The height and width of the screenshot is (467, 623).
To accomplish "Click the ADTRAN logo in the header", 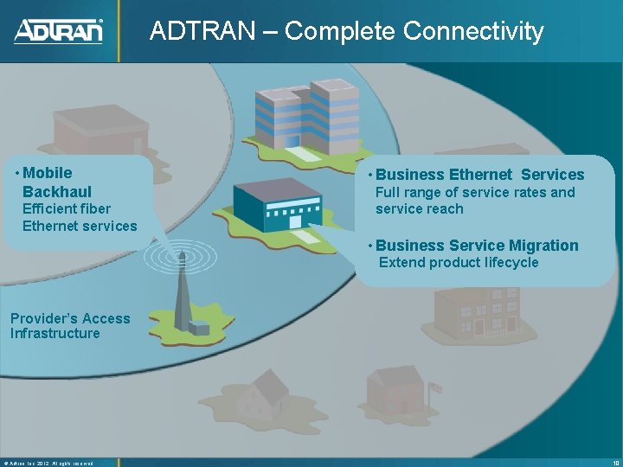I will [x=58, y=31].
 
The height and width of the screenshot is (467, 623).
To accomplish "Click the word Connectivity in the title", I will [x=472, y=31].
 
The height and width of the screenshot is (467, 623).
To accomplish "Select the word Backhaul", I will [x=57, y=191].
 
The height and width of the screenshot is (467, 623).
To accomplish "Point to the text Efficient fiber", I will [x=67, y=208].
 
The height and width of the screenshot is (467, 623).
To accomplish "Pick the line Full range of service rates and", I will [x=475, y=192].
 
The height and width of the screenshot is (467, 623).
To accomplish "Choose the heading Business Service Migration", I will [x=477, y=246].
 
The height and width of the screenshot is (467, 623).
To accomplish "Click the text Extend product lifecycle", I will [x=459, y=262].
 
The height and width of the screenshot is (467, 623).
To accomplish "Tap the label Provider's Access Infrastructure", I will [x=69, y=326].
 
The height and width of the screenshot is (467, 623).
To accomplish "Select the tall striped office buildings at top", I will [x=307, y=117].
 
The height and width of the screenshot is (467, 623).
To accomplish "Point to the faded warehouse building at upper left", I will [x=91, y=130].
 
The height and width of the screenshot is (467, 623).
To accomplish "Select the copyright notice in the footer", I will [x=48, y=462].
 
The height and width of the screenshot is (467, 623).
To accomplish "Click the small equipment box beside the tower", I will [x=199, y=328].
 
